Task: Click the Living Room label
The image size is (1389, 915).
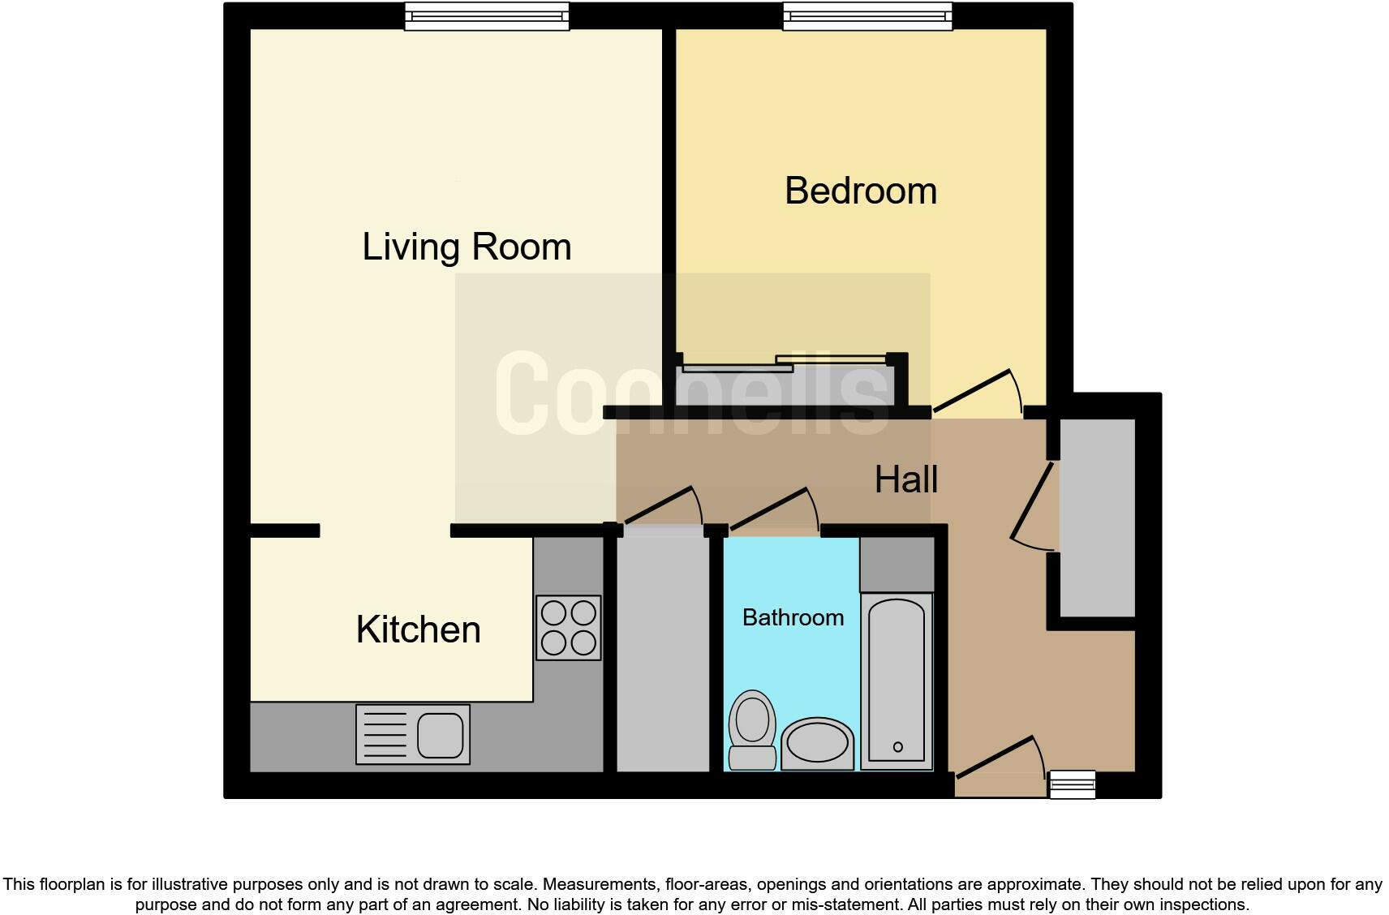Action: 467,247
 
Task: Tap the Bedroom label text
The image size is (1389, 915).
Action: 861,191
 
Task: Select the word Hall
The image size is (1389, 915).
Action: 906,479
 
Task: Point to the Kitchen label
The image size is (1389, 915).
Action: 418,629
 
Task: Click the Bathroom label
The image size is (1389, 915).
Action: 793,617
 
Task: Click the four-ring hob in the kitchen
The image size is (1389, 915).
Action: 568,628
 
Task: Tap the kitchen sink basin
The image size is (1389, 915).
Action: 441,735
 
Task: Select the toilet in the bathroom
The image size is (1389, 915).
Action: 752,728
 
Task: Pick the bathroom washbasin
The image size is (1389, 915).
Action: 817,743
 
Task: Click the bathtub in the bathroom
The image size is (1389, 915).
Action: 896,681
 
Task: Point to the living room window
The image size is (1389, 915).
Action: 487,15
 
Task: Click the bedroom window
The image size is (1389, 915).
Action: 867,15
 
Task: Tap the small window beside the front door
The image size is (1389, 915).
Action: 1072,784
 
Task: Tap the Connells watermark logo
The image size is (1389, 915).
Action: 692,394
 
